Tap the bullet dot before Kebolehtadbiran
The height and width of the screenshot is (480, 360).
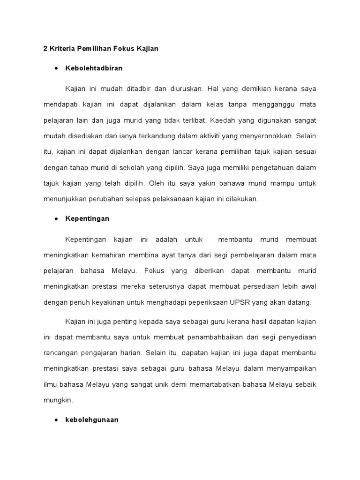coord(56,68)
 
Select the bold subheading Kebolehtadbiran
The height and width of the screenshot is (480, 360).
coord(94,68)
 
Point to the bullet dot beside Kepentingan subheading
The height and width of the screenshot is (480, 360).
coord(56,219)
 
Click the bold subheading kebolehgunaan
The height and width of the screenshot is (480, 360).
coord(92,420)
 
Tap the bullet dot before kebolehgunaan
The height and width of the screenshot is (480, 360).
coord(56,420)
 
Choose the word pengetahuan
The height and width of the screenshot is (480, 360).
coord(263,169)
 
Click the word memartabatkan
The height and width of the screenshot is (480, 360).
coord(214,385)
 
